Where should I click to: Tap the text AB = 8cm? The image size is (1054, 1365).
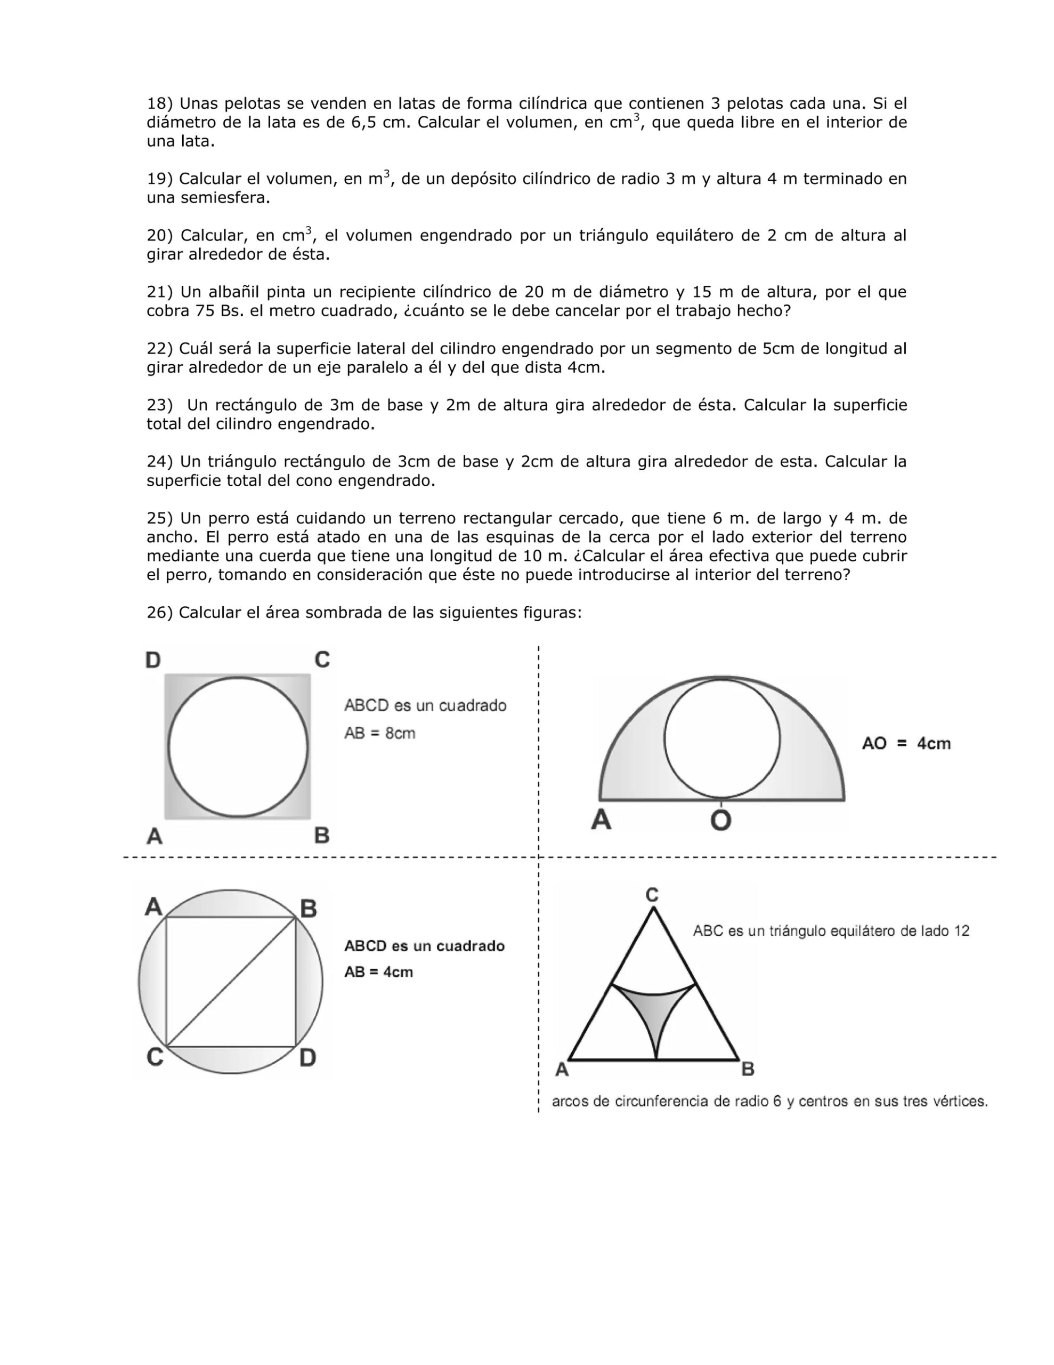coord(380,733)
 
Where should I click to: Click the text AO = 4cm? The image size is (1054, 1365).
coord(906,744)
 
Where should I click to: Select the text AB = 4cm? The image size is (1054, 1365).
coord(379,972)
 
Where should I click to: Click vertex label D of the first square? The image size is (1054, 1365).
coord(153,660)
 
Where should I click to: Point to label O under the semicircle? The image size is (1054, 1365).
coord(721,820)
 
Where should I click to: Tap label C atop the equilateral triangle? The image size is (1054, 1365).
coord(652,896)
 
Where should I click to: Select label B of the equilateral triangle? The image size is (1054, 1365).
coord(748,1070)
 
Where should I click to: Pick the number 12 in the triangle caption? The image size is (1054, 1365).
coord(961,932)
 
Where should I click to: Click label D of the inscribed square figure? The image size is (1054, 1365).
coord(307,1058)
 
